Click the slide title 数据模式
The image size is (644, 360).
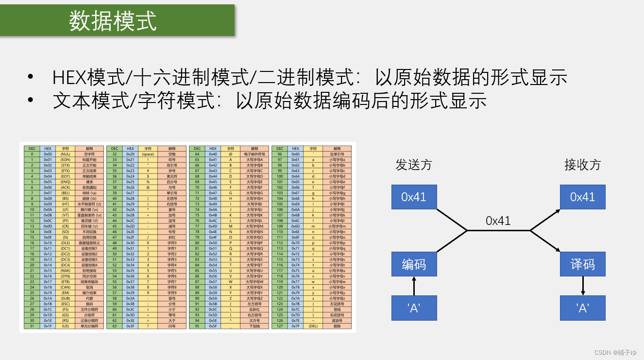[113, 21]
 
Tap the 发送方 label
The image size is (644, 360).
[413, 165]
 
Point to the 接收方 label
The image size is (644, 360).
[582, 165]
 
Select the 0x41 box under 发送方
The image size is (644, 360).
[414, 197]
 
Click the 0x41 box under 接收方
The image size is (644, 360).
[582, 197]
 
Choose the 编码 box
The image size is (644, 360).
[414, 264]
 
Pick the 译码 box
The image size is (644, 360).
[582, 264]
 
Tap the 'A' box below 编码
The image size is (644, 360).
[414, 308]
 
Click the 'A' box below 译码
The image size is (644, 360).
[582, 308]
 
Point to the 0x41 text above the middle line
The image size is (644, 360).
[498, 221]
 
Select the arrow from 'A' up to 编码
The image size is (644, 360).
[414, 286]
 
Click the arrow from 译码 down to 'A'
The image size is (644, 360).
[583, 286]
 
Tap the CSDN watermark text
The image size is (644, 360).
[615, 352]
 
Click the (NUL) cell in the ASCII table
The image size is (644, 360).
[65, 154]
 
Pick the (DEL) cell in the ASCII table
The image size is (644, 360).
[313, 326]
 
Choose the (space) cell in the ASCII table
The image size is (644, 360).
[148, 154]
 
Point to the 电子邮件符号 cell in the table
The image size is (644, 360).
[254, 154]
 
